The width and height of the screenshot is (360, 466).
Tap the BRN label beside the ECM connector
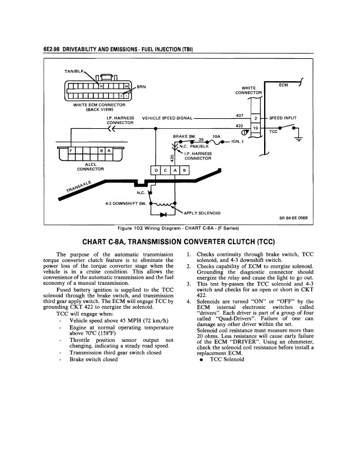142,87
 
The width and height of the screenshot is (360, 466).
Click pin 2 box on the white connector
255,118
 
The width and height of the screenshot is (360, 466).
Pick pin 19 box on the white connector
255,128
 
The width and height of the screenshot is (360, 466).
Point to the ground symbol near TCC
298,139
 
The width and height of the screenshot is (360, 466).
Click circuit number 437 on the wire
239,115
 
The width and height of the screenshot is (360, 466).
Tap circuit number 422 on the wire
239,125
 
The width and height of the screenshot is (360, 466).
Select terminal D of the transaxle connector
156,171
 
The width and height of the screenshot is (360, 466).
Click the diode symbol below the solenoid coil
161,215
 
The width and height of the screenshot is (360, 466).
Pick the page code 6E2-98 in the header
53,48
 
